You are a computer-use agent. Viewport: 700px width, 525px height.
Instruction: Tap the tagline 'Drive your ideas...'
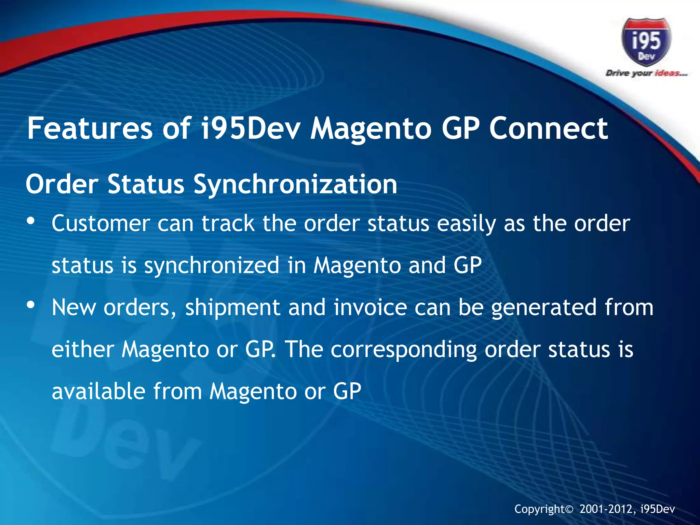coord(646,73)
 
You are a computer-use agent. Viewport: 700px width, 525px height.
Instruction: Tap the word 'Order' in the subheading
coord(62,184)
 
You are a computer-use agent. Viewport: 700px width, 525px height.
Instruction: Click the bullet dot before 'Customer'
coord(31,221)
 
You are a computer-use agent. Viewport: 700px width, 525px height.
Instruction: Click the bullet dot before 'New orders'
coord(31,305)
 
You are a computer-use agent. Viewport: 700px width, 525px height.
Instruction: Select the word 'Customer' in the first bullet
coord(100,224)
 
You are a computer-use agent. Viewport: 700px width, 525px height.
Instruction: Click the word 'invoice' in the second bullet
coord(370,307)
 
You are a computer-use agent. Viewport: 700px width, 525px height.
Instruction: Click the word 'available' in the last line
coord(98,391)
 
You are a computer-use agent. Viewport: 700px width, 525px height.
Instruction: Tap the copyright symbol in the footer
coord(578,509)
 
